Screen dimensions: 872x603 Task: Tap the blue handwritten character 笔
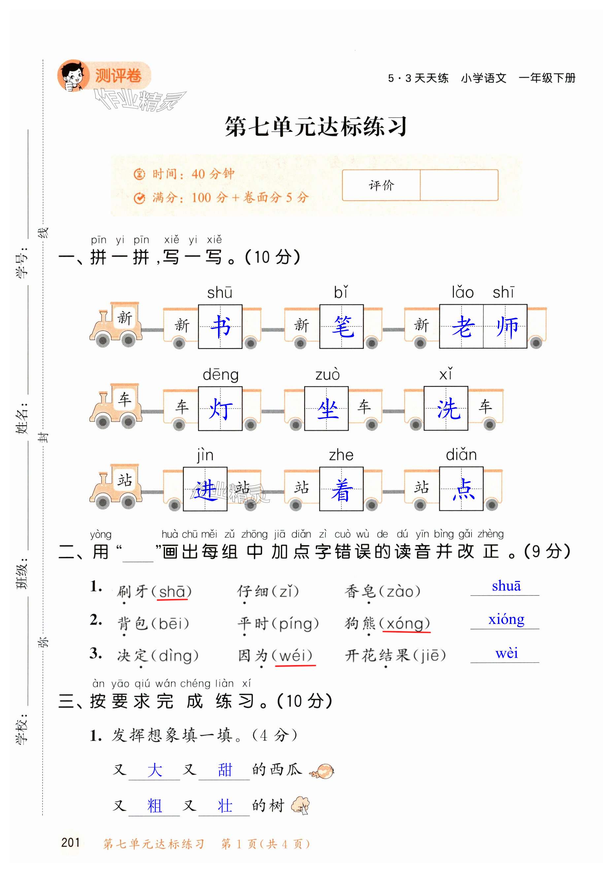(342, 326)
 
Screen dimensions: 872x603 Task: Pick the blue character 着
(342, 489)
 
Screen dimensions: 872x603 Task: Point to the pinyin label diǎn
(461, 455)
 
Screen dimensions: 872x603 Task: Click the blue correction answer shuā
(506, 586)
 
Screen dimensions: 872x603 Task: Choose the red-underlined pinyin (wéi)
(295, 655)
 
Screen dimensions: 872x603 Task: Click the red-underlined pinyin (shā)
(172, 591)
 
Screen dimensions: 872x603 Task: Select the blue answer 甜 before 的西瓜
(224, 770)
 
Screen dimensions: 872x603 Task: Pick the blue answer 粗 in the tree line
(154, 806)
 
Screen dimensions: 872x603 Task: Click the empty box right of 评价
(459, 185)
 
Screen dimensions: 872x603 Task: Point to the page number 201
(70, 842)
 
